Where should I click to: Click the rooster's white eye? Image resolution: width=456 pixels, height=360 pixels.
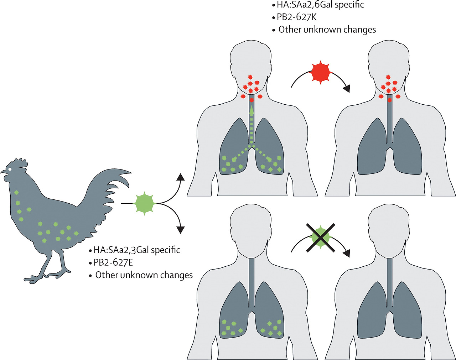11,169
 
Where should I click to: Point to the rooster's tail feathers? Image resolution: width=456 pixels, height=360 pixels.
114,185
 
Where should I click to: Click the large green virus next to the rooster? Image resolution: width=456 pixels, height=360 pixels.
144,204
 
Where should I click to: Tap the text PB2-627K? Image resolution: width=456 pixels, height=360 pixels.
297,17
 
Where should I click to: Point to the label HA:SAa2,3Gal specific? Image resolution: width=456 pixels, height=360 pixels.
136,250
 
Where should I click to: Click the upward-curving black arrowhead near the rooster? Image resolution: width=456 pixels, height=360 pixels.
181,177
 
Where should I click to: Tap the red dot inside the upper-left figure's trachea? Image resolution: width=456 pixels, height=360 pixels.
252,100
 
